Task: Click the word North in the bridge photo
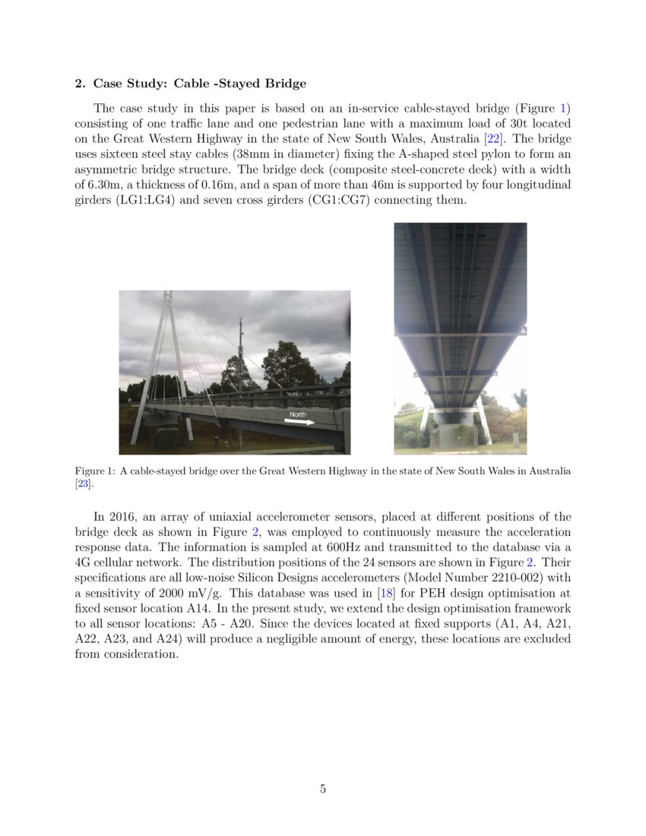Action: (297, 414)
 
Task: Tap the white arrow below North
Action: (299, 423)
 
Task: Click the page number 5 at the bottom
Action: (323, 789)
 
